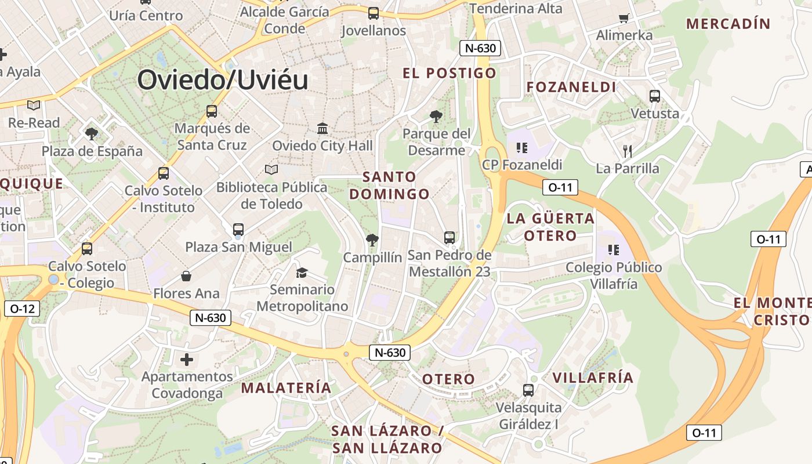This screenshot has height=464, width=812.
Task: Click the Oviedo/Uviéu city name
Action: (x=223, y=79)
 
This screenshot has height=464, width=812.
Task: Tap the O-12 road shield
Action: (x=22, y=309)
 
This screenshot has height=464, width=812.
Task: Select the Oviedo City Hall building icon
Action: (x=322, y=128)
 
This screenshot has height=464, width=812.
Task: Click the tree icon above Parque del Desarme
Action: (x=436, y=117)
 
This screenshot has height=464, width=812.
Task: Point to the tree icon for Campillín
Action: (x=372, y=239)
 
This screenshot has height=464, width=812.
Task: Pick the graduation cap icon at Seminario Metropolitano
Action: (x=302, y=272)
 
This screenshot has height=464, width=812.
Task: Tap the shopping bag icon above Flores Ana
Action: (x=186, y=275)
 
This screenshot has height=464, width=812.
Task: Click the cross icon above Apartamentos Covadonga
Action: (x=187, y=360)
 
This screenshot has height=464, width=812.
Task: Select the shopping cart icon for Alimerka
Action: (x=624, y=18)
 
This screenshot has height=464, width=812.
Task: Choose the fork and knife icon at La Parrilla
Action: (x=627, y=151)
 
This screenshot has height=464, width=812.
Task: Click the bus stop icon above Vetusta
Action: (x=655, y=96)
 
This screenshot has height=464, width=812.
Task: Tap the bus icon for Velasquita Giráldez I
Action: (x=528, y=390)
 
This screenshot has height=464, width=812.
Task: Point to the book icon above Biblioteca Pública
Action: (x=271, y=169)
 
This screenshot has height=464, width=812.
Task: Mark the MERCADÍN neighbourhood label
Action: (x=728, y=24)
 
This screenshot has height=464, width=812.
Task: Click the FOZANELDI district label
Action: (x=571, y=87)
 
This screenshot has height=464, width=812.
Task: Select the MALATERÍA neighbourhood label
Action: (x=286, y=387)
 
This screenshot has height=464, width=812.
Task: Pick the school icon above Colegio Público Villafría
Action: (x=614, y=250)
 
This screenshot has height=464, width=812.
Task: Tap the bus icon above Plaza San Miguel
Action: (x=238, y=230)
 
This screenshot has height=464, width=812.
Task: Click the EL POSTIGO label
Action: (x=449, y=72)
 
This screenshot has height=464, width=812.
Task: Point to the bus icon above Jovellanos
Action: (x=374, y=13)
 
